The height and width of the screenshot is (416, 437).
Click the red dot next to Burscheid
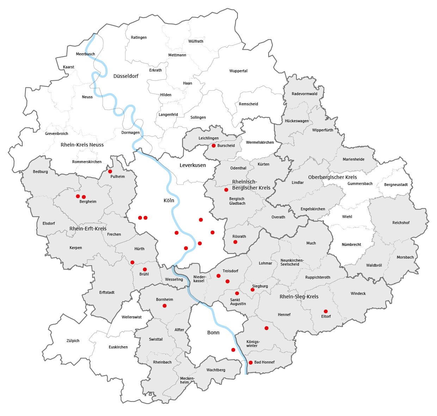click(214, 145)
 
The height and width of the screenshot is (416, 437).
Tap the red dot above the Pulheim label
click(110, 172)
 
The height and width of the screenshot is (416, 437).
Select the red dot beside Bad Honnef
click(251, 362)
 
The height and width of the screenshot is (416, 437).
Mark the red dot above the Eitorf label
click(326, 311)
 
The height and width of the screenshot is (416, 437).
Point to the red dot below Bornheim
click(165, 306)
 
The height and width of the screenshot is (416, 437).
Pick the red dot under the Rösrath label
click(235, 242)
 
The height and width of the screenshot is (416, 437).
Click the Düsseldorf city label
click(126, 76)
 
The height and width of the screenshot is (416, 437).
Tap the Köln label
click(169, 200)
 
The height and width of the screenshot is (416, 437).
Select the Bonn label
click(213, 333)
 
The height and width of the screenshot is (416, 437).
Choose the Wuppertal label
click(238, 71)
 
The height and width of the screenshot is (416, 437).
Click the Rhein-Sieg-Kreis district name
click(299, 297)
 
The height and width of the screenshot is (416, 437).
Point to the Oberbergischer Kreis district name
click(332, 177)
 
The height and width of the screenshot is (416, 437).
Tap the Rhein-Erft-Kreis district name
click(88, 229)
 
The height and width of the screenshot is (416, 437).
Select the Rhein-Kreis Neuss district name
click(82, 145)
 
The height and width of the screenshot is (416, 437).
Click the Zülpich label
click(73, 341)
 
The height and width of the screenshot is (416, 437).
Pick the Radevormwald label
click(304, 94)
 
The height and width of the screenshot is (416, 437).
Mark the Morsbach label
click(405, 257)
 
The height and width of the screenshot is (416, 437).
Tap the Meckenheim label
click(187, 380)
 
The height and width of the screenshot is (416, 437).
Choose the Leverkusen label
click(192, 165)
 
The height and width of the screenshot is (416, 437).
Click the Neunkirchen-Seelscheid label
click(292, 262)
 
